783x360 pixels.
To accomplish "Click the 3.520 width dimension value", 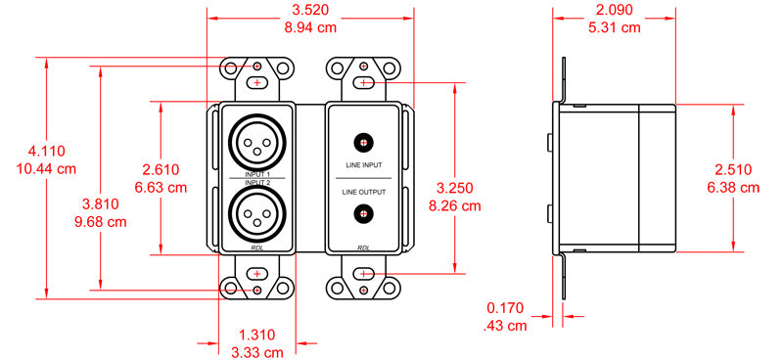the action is coord(310,10).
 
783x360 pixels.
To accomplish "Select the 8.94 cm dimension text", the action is coord(310,27).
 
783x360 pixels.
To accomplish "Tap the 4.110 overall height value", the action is coord(46,152).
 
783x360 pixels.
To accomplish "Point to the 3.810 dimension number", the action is coord(101,204).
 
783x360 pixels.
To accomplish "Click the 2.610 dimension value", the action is coord(161,170).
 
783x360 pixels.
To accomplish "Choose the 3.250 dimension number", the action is coord(454,188).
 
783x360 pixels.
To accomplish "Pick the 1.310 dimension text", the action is coord(256,335).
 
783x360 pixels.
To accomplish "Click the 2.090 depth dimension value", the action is coord(614,10).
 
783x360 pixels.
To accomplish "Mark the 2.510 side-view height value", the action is coord(733,170).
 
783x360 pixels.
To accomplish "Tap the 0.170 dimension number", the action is coord(505,308).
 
